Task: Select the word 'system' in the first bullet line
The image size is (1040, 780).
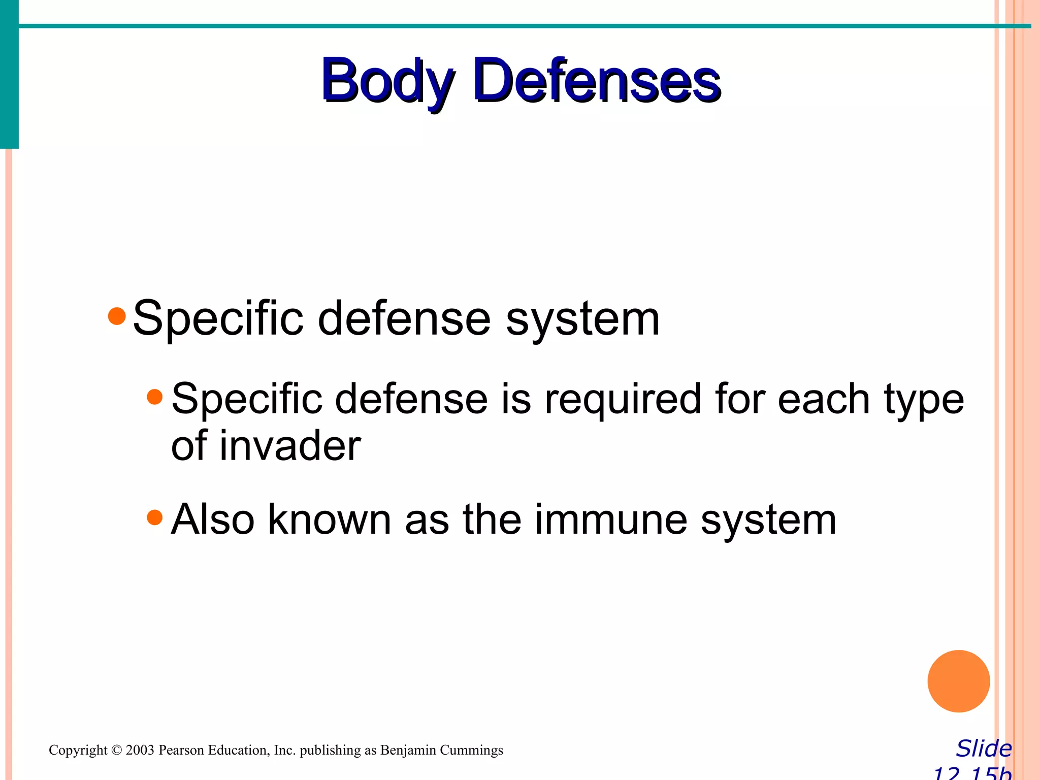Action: coord(582,319)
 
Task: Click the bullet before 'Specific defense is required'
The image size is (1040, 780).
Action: coord(154,397)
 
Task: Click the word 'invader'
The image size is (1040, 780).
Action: coord(290,446)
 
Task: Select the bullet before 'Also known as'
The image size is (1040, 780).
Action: coord(154,517)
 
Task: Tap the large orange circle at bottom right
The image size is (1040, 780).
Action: coord(958,681)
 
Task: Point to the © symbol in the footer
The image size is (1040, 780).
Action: coord(116,750)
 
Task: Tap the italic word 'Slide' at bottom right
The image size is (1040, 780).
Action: coord(984,749)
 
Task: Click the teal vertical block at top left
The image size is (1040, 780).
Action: coord(9,74)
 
